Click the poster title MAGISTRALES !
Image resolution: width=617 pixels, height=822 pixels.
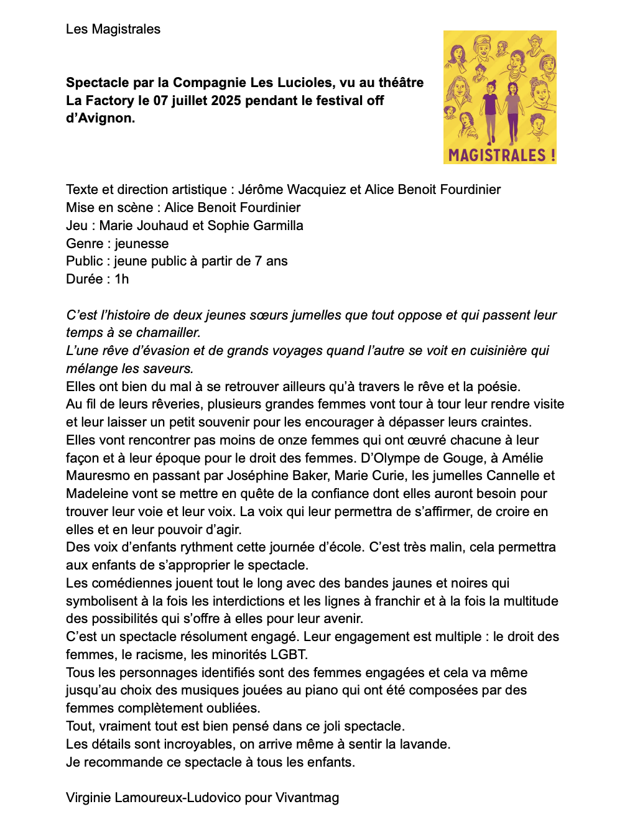pyautogui.click(x=501, y=155)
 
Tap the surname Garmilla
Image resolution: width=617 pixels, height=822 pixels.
pyautogui.click(x=274, y=226)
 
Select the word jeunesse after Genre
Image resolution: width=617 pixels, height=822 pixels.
pyautogui.click(x=141, y=244)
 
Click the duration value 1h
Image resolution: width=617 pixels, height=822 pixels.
pyautogui.click(x=121, y=279)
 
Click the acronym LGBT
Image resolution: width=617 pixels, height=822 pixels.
pyautogui.click(x=288, y=655)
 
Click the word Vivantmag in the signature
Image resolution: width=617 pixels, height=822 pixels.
pyautogui.click(x=307, y=798)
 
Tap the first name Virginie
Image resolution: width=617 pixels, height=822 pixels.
pyautogui.click(x=88, y=798)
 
